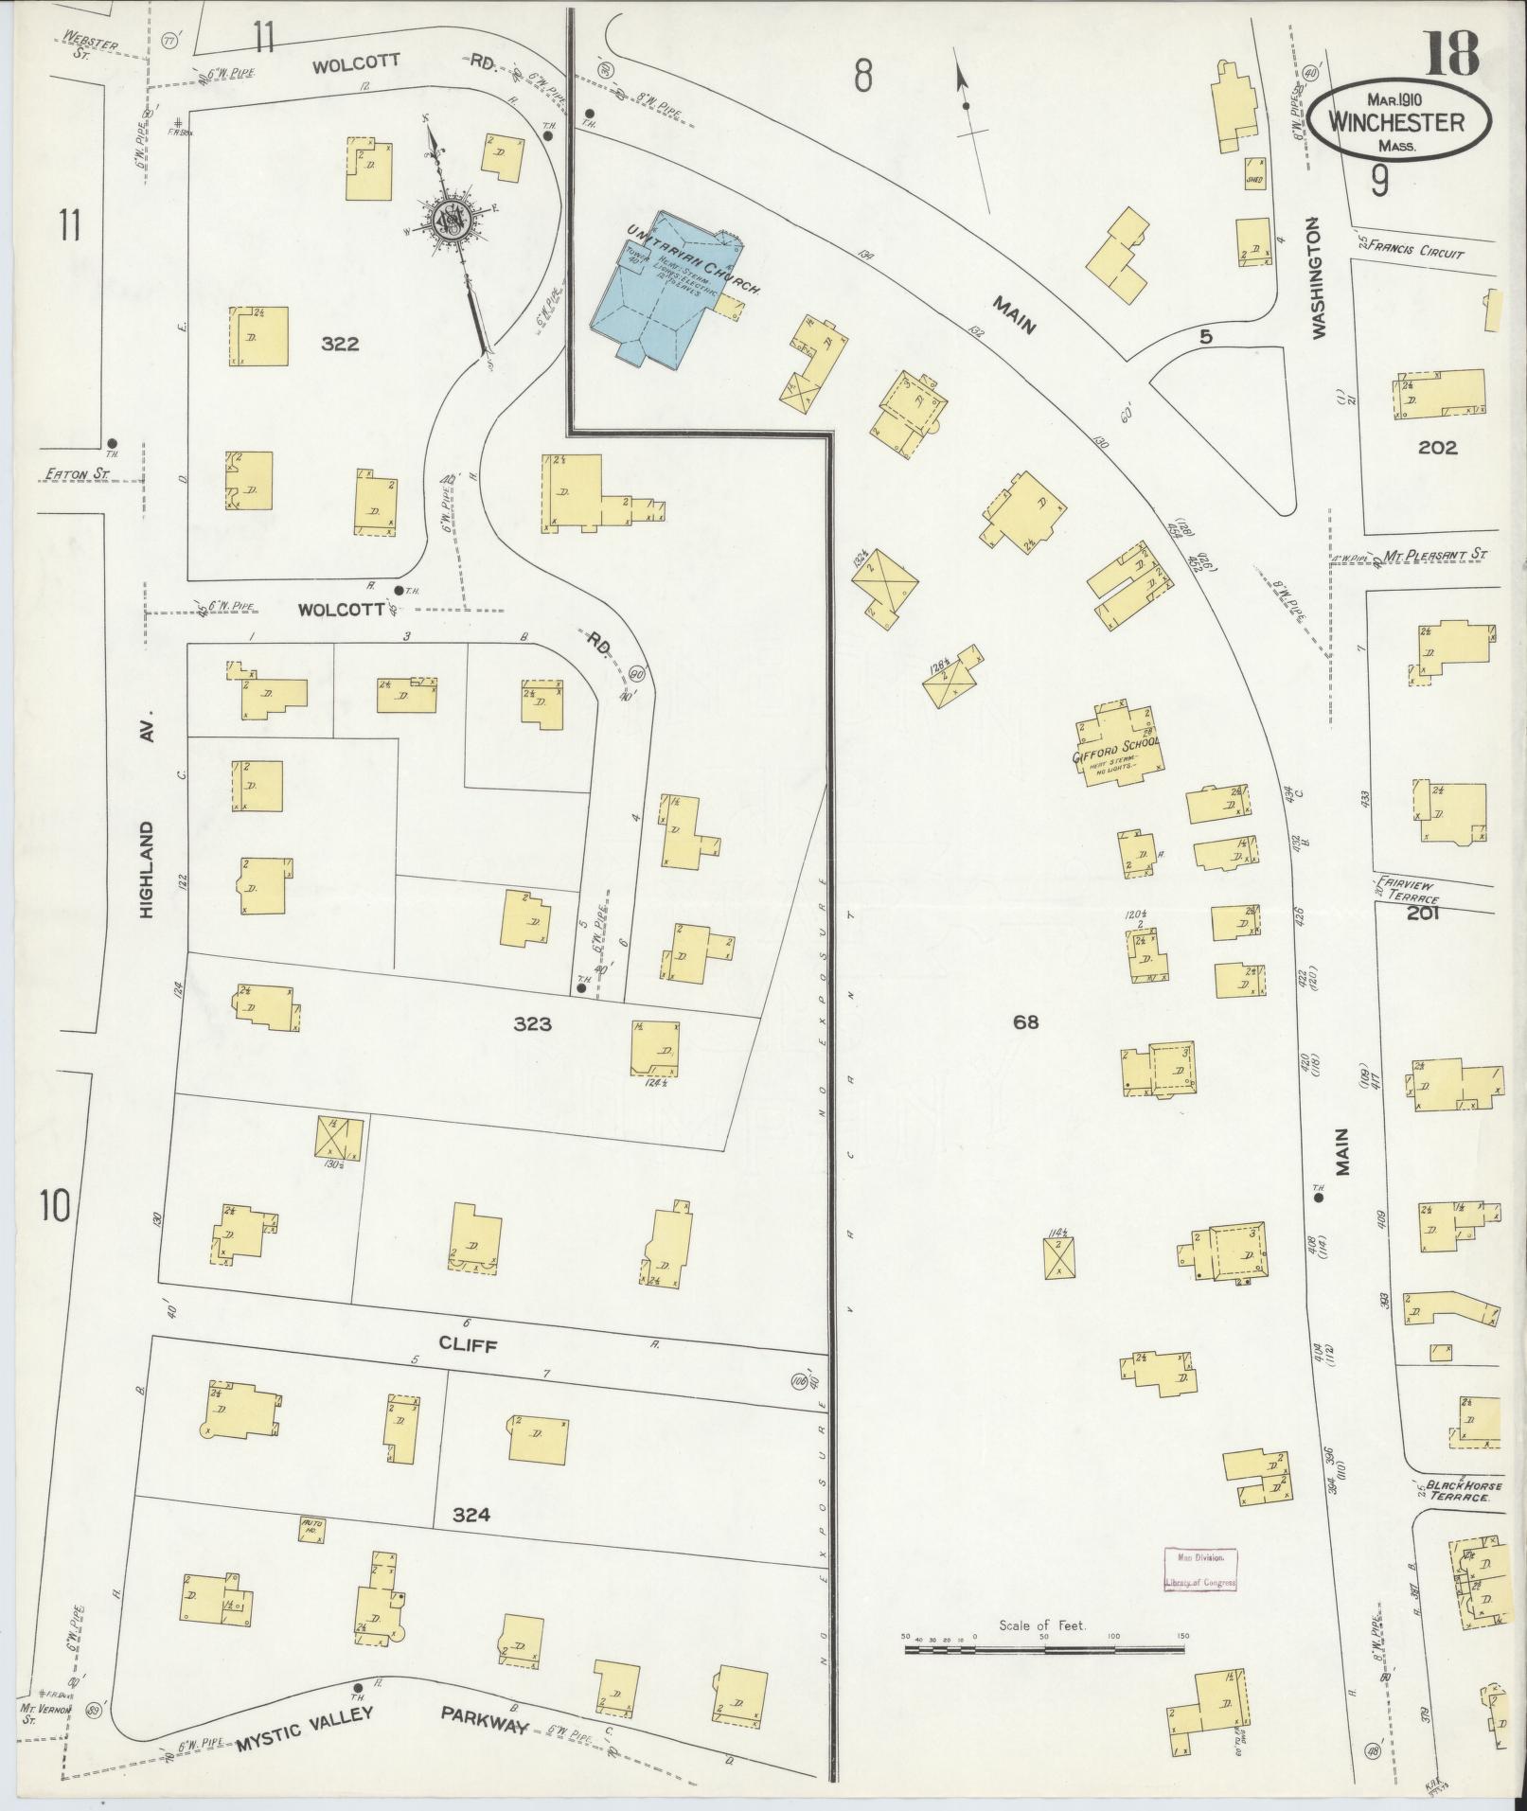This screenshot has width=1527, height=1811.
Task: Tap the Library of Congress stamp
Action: click(1200, 1569)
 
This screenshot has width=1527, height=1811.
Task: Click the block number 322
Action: click(339, 344)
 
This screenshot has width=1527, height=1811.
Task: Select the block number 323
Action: click(532, 1023)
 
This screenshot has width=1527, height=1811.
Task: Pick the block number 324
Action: click(471, 1515)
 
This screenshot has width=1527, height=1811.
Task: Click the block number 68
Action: click(1025, 1021)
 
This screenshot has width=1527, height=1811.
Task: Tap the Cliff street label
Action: click(468, 1345)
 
